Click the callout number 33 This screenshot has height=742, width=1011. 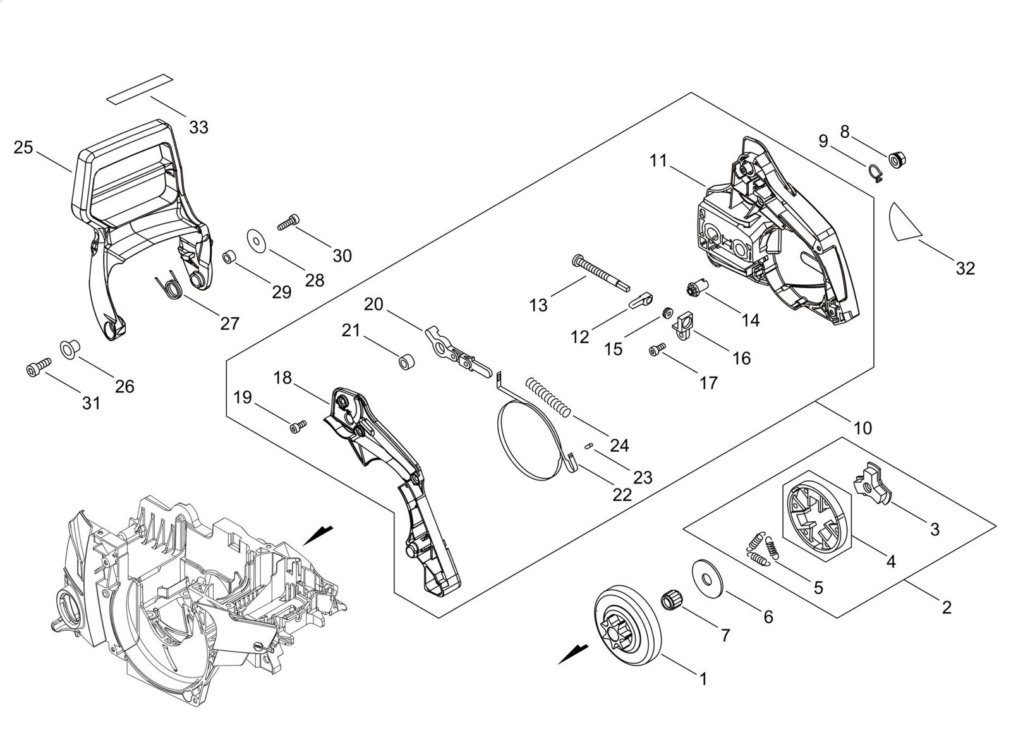point(198,127)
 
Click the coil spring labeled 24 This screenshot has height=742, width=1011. point(548,396)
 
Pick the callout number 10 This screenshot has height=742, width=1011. point(863,428)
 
